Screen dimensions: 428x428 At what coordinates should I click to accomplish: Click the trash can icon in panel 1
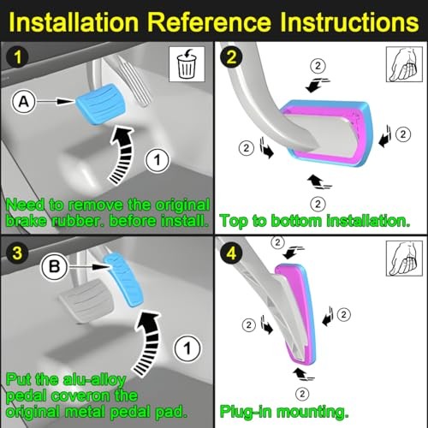187,64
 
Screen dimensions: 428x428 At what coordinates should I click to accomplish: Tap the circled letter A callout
23,101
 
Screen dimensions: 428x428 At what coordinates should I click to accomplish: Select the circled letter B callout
54,267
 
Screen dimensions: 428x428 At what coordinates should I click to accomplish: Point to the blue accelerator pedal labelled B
123,279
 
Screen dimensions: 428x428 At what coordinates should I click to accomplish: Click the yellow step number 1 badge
18,56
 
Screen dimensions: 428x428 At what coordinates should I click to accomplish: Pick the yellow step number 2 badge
231,56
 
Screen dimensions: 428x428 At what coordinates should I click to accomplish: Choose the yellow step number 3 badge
17,253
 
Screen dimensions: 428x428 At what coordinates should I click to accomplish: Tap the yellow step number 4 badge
231,253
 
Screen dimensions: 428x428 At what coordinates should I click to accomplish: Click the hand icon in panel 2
404,64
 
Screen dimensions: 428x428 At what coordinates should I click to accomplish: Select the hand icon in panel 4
404,259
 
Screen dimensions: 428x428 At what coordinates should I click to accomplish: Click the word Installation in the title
74,22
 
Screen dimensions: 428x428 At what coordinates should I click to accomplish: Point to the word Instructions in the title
349,22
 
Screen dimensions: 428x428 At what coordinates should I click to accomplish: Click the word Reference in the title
210,22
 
